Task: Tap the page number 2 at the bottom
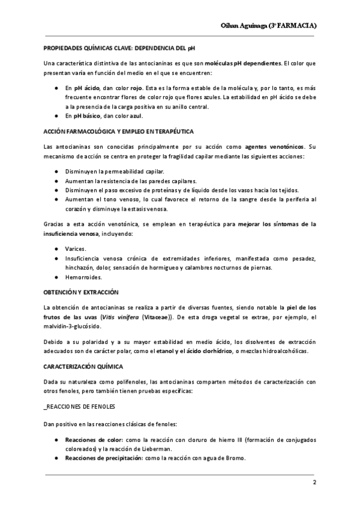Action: click(x=314, y=484)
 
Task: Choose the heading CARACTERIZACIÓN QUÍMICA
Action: click(x=80, y=366)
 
